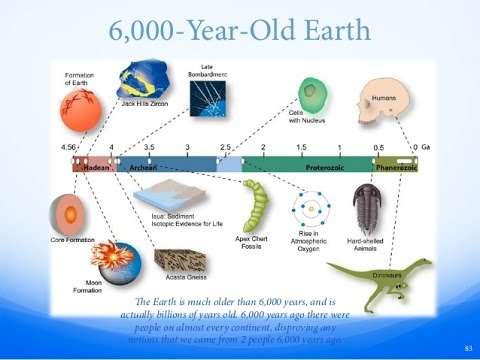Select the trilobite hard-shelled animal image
pos(366,206)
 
